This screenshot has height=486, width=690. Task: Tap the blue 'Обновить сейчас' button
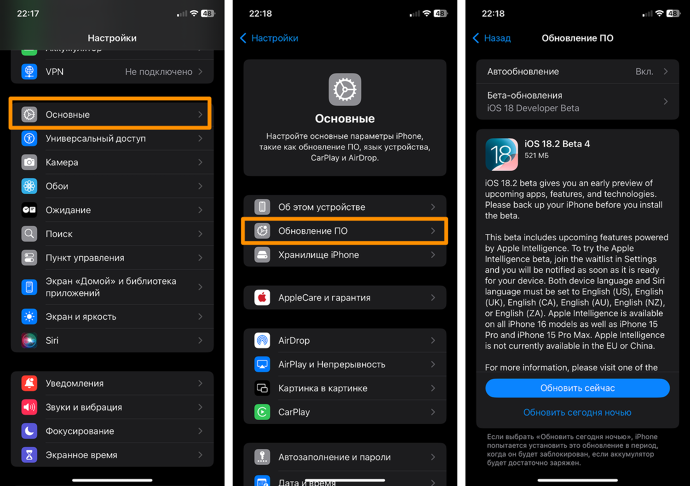[577, 388]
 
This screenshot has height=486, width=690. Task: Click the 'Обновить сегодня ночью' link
[577, 412]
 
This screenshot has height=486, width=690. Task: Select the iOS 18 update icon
[501, 154]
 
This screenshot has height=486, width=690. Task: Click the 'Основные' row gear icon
[29, 114]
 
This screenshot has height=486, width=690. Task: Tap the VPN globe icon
[29, 71]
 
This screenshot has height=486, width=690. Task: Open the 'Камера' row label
[62, 162]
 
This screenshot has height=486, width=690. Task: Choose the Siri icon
[29, 340]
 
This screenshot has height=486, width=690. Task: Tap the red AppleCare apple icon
[262, 297]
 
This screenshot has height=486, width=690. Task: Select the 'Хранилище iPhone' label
[318, 255]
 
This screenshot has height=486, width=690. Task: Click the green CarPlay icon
[262, 412]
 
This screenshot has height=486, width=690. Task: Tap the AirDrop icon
[262, 340]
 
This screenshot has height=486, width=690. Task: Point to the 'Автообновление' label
[523, 71]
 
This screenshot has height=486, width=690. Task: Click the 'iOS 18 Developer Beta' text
[533, 108]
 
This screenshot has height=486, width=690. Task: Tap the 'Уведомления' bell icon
[29, 383]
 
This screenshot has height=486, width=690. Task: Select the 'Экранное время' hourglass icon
[29, 455]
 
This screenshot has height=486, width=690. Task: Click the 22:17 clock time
[28, 13]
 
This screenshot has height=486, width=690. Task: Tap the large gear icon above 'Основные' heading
[345, 89]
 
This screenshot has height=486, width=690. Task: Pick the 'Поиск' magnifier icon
[29, 234]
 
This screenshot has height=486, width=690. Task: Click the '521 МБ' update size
[536, 156]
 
